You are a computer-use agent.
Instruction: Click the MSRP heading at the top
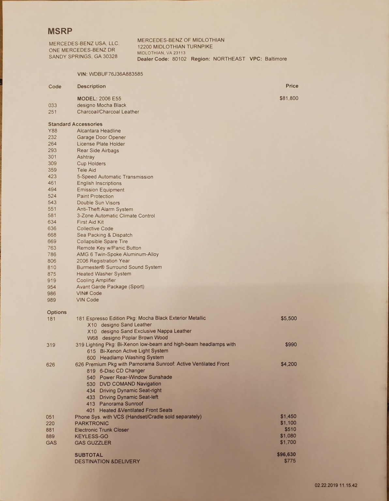click(x=60, y=31)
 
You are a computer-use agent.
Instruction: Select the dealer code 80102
click(x=179, y=59)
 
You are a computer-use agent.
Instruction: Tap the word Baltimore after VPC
click(x=276, y=59)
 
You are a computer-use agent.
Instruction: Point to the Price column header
click(x=292, y=86)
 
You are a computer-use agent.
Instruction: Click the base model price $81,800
click(x=289, y=98)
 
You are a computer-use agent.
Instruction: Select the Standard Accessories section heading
click(x=75, y=124)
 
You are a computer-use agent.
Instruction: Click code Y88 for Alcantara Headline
click(x=52, y=131)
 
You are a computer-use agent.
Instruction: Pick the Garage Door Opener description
click(x=101, y=137)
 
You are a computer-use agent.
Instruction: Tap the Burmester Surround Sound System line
click(x=119, y=267)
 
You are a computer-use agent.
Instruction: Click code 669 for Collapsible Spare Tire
click(x=52, y=241)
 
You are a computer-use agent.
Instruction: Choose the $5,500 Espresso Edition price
click(x=289, y=318)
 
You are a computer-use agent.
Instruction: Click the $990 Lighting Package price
click(x=291, y=344)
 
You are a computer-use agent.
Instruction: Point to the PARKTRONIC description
click(x=92, y=423)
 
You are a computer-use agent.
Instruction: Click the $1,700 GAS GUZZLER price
click(x=288, y=442)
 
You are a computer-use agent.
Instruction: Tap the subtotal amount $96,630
click(x=286, y=454)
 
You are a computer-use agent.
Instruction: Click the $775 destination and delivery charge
click(x=290, y=461)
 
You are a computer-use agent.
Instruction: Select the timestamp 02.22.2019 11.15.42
click(x=336, y=485)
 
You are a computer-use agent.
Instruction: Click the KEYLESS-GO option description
click(x=91, y=436)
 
